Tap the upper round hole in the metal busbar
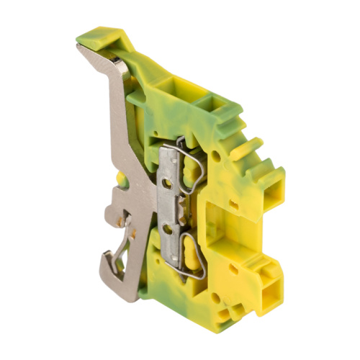click(168, 184)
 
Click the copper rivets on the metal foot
click(131, 230)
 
